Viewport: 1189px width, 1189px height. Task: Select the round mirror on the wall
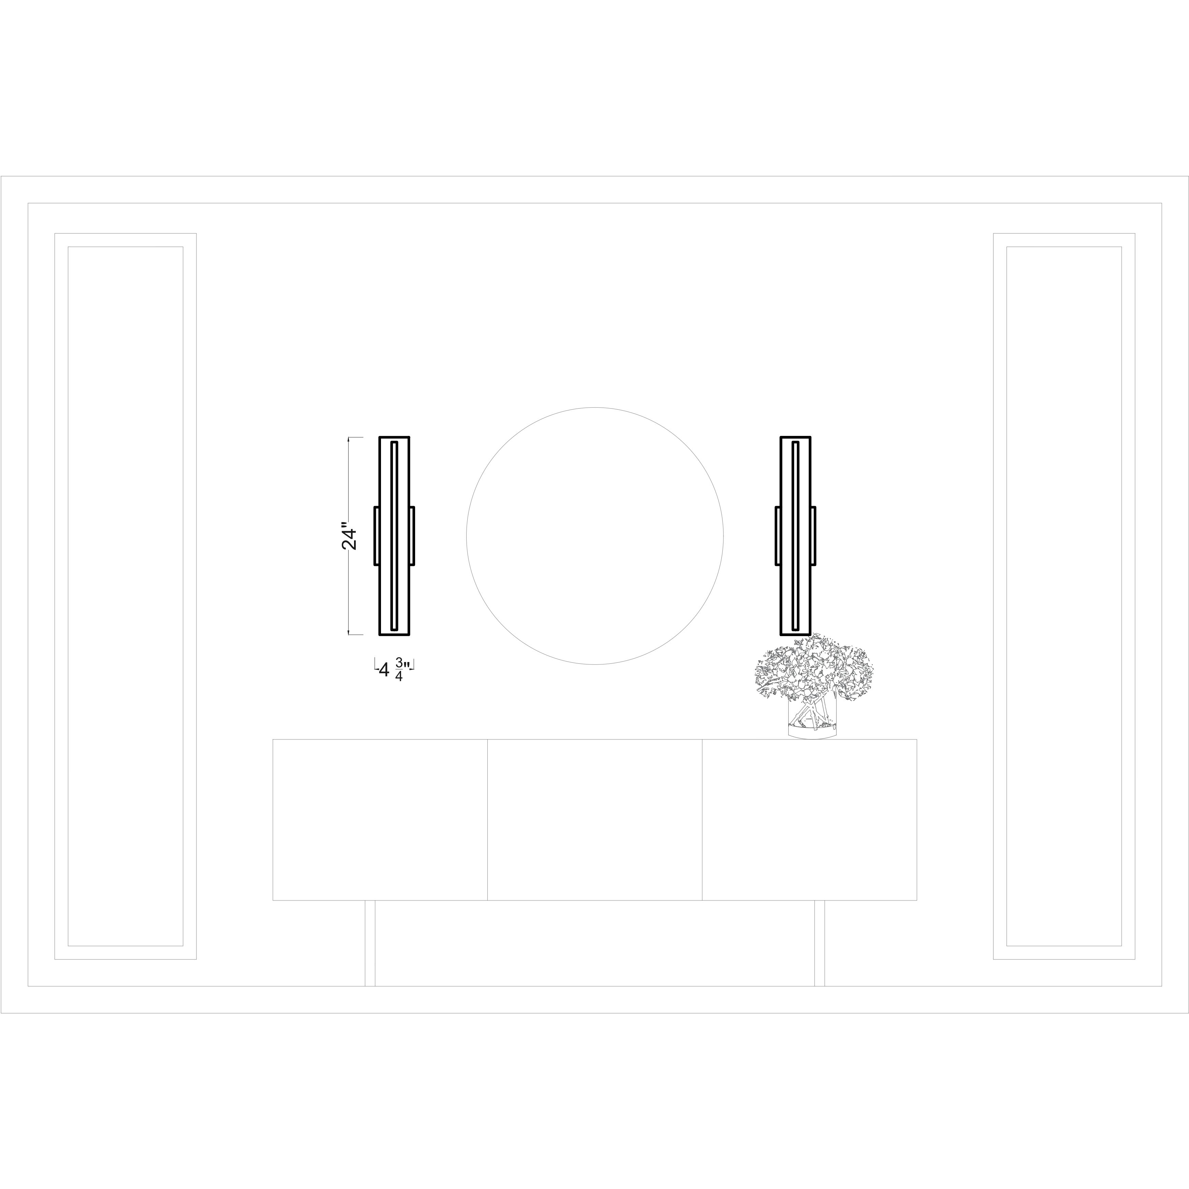594,536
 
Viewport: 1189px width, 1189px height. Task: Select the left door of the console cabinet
380,819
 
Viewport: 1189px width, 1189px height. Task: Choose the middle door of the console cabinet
594,819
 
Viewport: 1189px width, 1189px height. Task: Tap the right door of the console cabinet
809,819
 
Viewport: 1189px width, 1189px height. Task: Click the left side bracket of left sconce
376,535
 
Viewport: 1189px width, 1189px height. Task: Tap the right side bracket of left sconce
412,535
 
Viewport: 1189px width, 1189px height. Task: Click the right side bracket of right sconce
813,535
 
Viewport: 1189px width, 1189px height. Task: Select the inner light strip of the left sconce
395,535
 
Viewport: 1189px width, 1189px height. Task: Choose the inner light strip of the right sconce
796,535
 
